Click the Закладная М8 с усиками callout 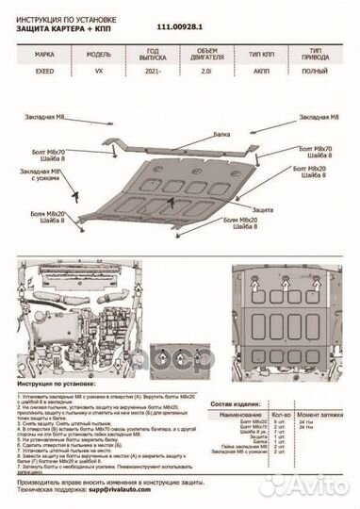(39, 176)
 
